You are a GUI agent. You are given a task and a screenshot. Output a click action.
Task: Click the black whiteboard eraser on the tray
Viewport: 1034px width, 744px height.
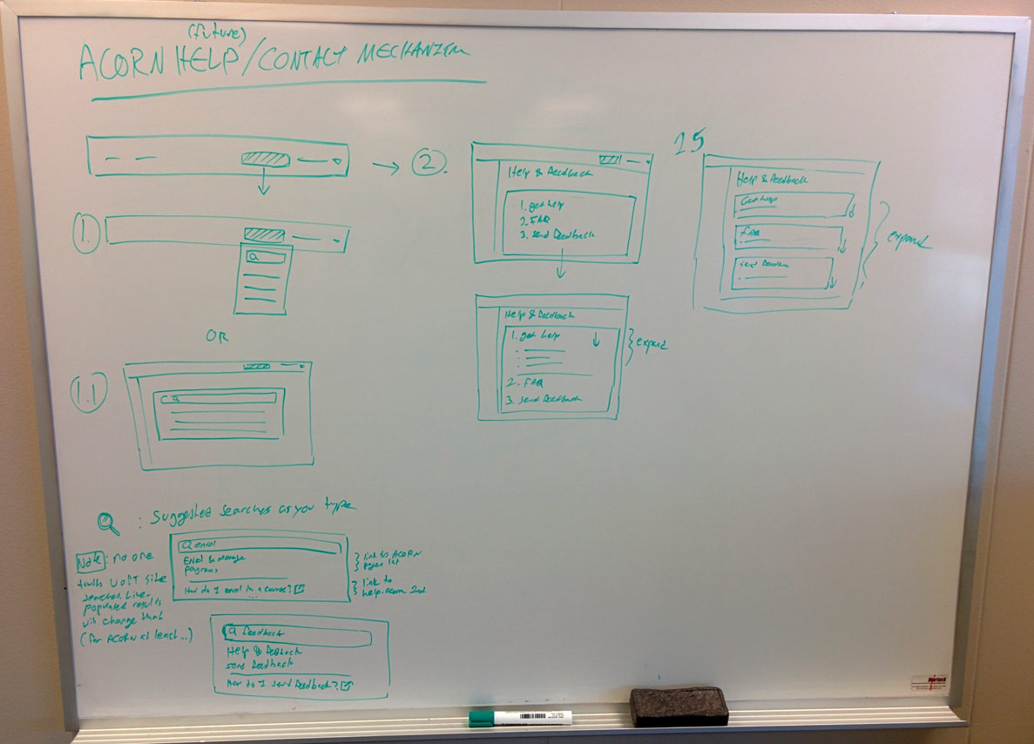pyautogui.click(x=679, y=705)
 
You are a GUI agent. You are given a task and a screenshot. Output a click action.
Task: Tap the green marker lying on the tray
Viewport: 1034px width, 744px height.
pyautogui.click(x=521, y=718)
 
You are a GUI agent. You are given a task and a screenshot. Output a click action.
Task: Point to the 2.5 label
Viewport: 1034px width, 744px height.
pyautogui.click(x=688, y=142)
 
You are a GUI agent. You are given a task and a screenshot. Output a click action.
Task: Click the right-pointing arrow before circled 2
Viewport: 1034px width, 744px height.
pyautogui.click(x=385, y=166)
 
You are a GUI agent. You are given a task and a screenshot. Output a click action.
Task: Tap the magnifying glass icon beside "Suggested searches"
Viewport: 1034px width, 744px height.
pyautogui.click(x=109, y=522)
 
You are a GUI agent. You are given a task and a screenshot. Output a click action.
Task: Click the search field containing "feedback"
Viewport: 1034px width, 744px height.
pyautogui.click(x=297, y=636)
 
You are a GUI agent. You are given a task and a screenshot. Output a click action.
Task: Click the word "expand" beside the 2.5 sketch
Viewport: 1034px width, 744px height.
pyautogui.click(x=908, y=240)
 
